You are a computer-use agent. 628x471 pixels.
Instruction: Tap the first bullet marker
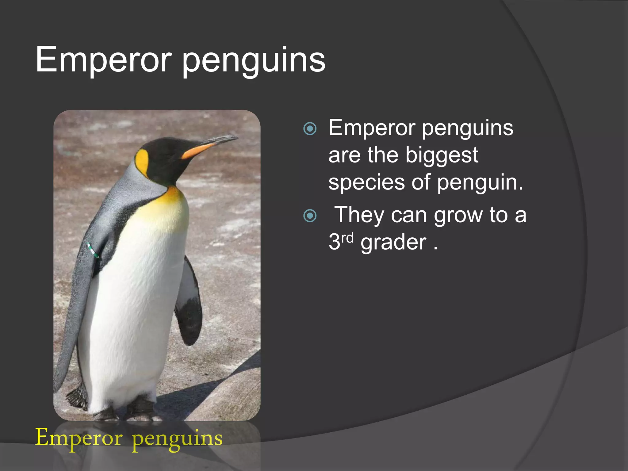pyautogui.click(x=310, y=129)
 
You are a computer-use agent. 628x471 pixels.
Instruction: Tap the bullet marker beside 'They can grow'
pyautogui.click(x=310, y=216)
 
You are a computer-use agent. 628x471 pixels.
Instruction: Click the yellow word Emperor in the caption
pyautogui.click(x=79, y=438)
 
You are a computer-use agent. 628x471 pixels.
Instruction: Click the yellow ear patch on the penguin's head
pyautogui.click(x=142, y=161)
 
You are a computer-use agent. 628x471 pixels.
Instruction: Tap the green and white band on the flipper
pyautogui.click(x=93, y=250)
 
